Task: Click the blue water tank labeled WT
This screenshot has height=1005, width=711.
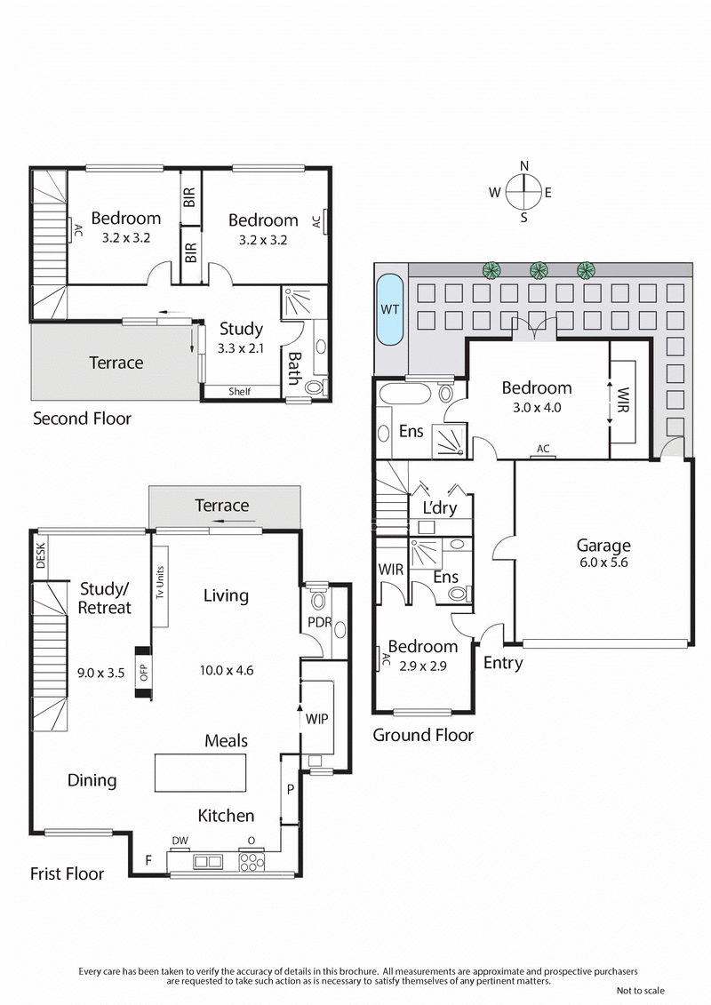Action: (x=389, y=309)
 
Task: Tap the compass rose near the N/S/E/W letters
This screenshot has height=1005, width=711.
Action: (x=523, y=190)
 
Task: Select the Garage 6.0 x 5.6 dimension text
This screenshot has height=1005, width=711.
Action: (x=603, y=562)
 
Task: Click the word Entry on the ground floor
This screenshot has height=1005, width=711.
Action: (x=502, y=663)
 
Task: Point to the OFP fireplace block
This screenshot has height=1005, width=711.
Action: (x=142, y=672)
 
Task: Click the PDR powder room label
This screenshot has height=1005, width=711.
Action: (x=319, y=622)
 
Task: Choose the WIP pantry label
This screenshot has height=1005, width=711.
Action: (x=317, y=717)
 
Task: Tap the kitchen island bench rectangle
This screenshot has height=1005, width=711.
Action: (x=200, y=772)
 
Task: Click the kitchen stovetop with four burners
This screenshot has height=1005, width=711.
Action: (x=252, y=861)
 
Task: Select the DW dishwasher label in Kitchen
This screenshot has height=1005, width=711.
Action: (x=180, y=840)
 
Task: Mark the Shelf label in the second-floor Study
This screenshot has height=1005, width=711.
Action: (x=238, y=391)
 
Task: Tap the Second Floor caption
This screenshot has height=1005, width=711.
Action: (x=82, y=418)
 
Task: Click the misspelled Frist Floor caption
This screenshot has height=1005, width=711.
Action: (x=67, y=873)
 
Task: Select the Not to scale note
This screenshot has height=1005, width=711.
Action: (x=640, y=991)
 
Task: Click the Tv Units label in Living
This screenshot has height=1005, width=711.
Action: (x=161, y=582)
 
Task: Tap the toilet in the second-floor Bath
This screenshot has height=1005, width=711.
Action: (x=314, y=387)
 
